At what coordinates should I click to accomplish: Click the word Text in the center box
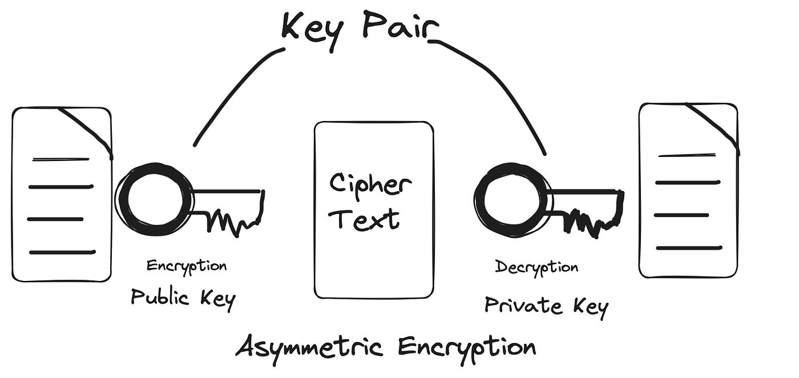pyautogui.click(x=367, y=218)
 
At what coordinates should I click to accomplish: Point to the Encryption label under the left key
pyautogui.click(x=187, y=266)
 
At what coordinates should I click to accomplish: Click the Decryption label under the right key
pyautogui.click(x=536, y=267)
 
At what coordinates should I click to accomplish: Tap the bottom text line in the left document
pyautogui.click(x=62, y=252)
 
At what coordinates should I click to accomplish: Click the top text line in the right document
pyautogui.click(x=686, y=155)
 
